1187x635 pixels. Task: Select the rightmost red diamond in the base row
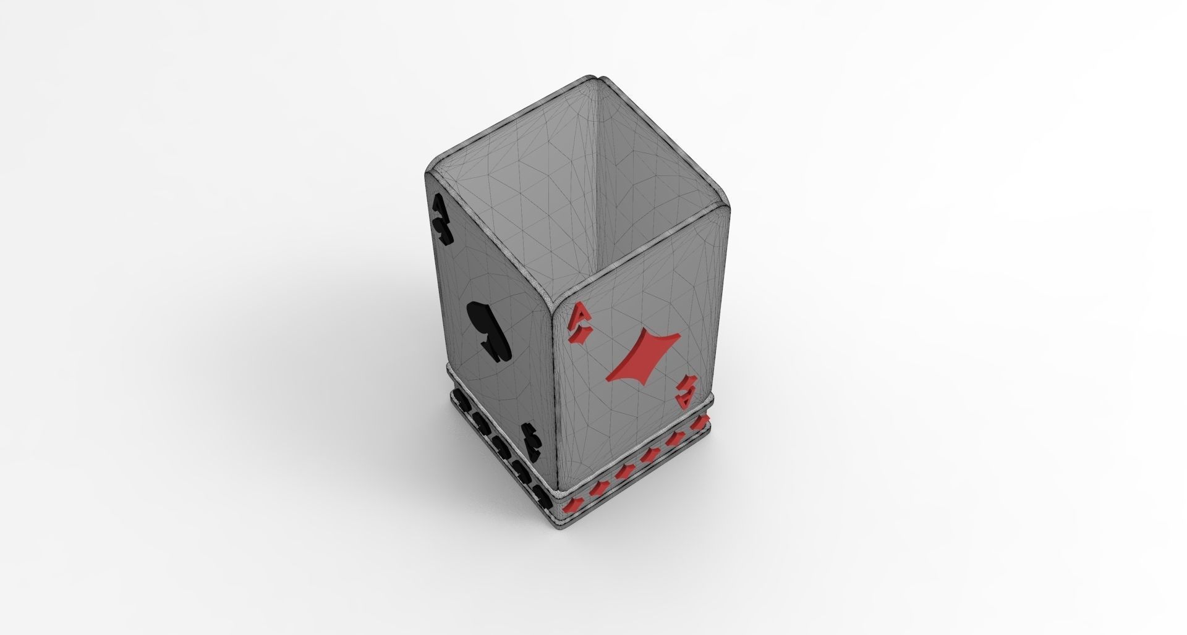click(x=699, y=423)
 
